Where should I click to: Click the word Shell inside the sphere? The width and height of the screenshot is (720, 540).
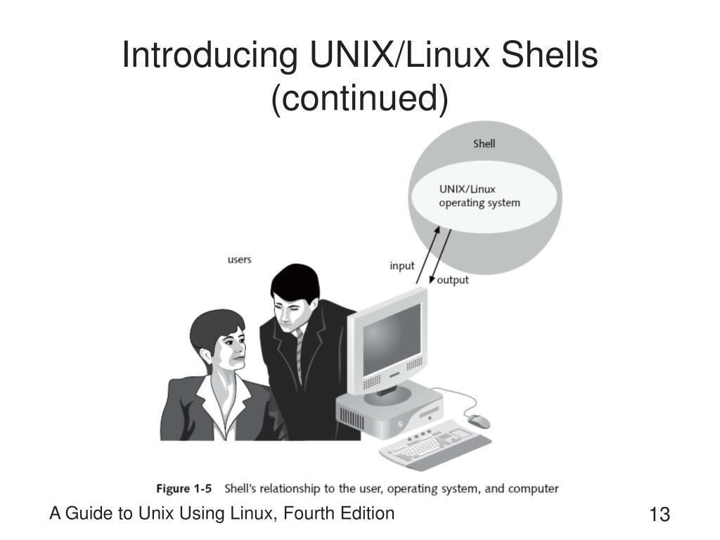point(484,143)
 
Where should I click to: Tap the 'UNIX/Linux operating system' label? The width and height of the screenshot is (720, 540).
point(479,196)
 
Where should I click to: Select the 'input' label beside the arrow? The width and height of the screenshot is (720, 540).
point(402,266)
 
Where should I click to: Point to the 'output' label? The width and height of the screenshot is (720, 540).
point(453,280)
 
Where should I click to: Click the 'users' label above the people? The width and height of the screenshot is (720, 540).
point(239,259)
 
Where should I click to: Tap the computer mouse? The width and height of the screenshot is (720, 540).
point(479,421)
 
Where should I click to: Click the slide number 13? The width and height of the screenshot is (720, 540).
point(660,515)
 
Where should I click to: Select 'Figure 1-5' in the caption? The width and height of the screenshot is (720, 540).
point(184,488)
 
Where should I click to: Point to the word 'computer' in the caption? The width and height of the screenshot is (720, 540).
point(532,488)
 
